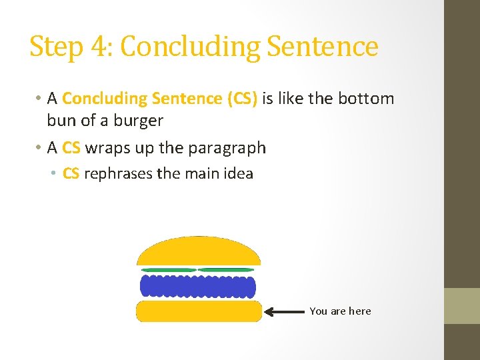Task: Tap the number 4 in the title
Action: pos(97,47)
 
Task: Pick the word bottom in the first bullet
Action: pos(366,99)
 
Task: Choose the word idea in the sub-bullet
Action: pos(238,173)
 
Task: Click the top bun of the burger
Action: pos(198,252)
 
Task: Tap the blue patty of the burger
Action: pos(198,286)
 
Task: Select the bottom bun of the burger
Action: pos(198,311)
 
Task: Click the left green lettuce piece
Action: pos(168,270)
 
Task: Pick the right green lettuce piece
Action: pos(227,270)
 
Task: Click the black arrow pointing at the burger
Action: pos(285,311)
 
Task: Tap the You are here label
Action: pos(340,311)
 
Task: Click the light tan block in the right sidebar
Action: pos(462,306)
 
